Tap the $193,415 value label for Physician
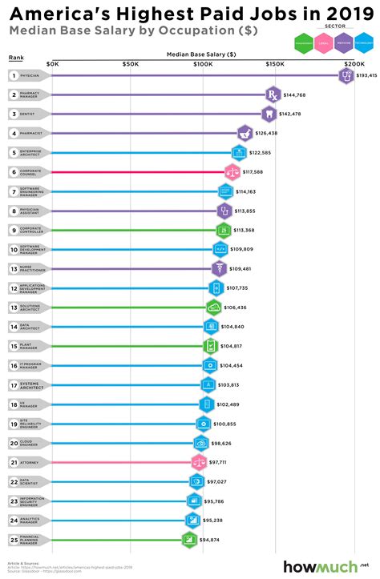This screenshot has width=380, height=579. pos(367,76)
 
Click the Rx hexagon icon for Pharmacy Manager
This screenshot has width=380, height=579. pos(273,94)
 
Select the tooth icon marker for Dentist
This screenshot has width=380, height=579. pos(269,114)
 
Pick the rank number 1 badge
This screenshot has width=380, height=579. pos(14,75)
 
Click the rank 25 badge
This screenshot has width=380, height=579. pos(14,540)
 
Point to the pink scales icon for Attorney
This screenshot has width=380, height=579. pos(200,461)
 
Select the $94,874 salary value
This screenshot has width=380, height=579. pos(215,540)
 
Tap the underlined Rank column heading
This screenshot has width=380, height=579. pos(16,58)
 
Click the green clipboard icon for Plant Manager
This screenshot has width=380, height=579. pos(210,346)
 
